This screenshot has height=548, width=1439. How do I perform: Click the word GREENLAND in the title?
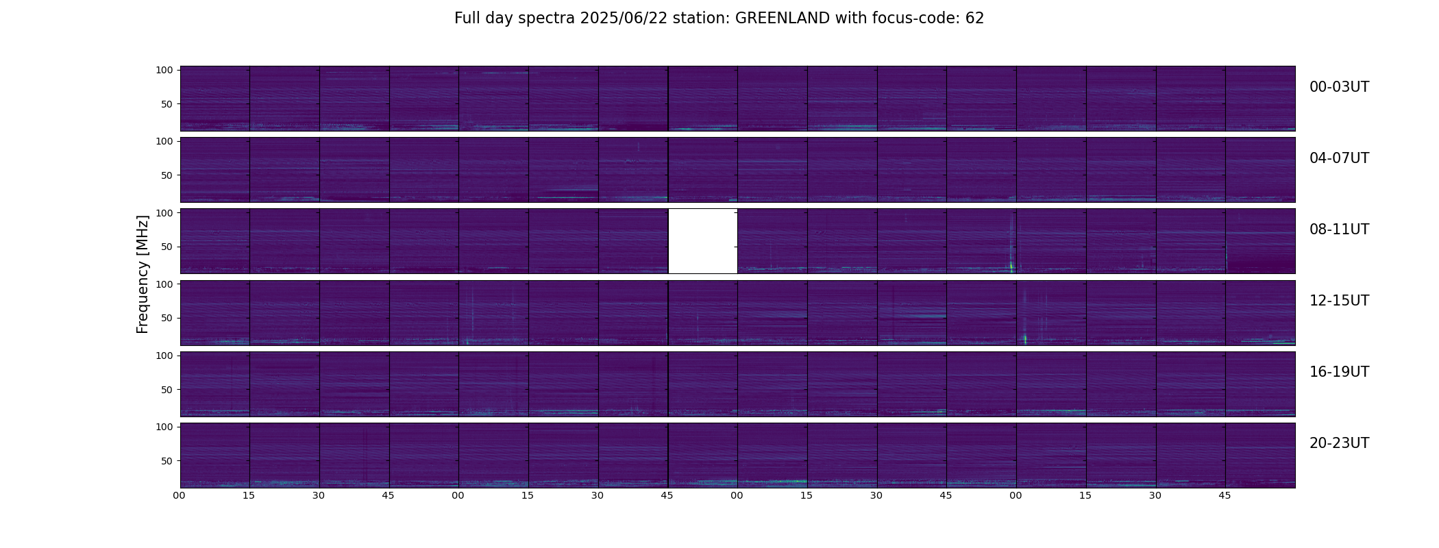click(x=783, y=18)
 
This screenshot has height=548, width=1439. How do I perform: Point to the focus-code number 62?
click(x=974, y=18)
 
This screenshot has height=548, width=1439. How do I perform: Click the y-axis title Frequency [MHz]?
click(x=143, y=274)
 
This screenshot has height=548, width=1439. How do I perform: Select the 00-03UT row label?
click(x=1339, y=87)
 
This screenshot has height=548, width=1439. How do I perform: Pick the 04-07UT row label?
click(x=1339, y=158)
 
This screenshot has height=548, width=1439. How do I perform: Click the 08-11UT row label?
click(x=1339, y=229)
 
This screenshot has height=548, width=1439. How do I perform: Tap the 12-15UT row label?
click(x=1339, y=301)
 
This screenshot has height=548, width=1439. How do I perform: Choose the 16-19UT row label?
click(x=1339, y=372)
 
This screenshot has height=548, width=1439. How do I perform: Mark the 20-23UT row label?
click(x=1339, y=443)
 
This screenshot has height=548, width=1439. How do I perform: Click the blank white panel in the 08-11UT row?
click(x=702, y=241)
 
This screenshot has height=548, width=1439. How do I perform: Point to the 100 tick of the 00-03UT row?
click(x=164, y=70)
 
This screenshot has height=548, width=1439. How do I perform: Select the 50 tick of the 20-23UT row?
click(x=167, y=461)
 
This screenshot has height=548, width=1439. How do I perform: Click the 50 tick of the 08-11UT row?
click(x=167, y=247)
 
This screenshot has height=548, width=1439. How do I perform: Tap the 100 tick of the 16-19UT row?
click(x=164, y=356)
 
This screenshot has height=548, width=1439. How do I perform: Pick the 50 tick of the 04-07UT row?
click(x=167, y=175)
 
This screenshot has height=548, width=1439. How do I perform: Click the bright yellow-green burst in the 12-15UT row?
click(x=1025, y=338)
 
